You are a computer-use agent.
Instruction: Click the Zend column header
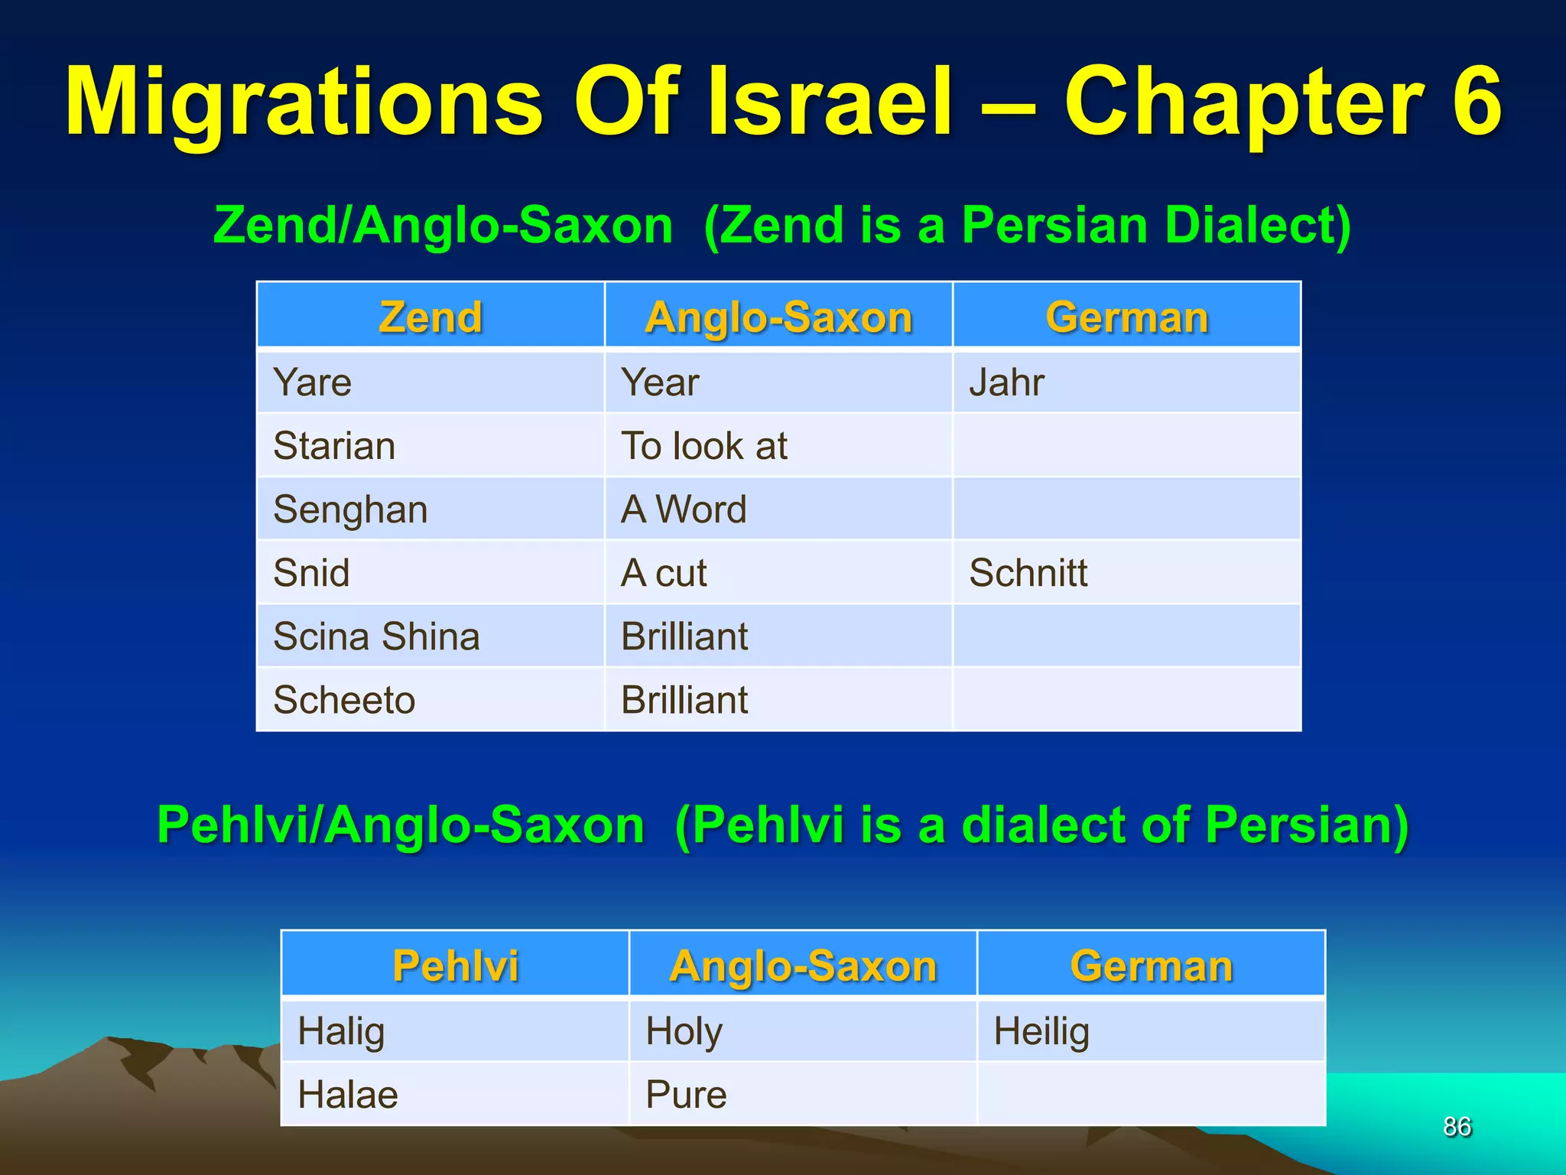[430, 317]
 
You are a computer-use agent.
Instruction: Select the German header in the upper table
[1126, 317]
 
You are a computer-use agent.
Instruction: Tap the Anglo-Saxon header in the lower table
[803, 965]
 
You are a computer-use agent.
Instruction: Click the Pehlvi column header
[455, 965]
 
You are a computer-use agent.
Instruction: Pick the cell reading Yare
[313, 382]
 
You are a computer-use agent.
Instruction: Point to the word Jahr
[1006, 382]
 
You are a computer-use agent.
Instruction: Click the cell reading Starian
[334, 445]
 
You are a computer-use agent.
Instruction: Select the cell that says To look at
[703, 445]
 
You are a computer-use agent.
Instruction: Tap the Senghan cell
[350, 509]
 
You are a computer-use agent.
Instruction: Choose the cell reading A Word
[684, 509]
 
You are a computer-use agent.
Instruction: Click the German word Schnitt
[1028, 573]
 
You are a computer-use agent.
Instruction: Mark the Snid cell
[311, 573]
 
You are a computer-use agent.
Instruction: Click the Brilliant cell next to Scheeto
[684, 700]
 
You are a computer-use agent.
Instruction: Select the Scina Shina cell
[376, 636]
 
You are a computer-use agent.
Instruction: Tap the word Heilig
[1041, 1030]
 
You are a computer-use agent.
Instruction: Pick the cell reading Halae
[348, 1094]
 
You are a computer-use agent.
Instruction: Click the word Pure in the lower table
[686, 1094]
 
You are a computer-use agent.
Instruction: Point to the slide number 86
[1457, 1126]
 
